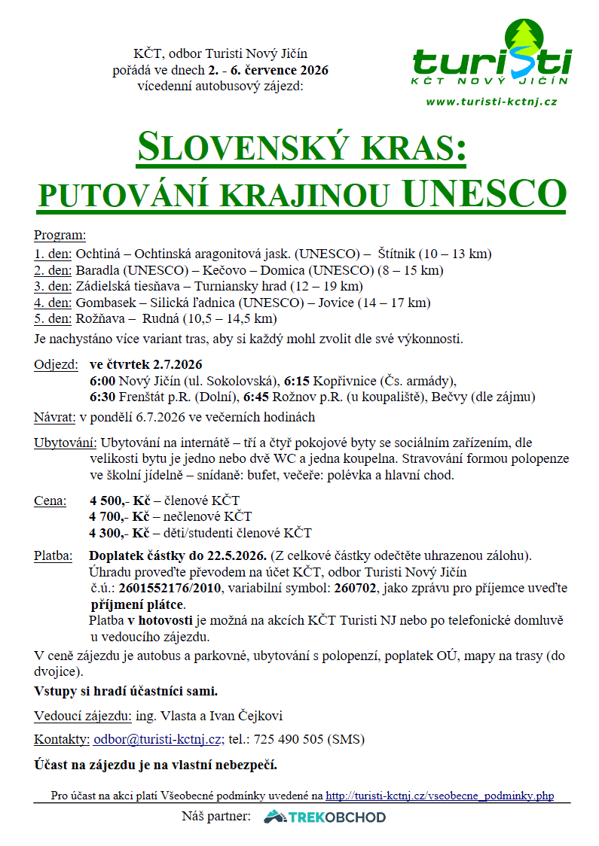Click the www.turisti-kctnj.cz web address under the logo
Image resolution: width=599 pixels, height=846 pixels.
click(491, 101)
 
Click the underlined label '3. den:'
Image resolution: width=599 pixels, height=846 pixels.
click(53, 286)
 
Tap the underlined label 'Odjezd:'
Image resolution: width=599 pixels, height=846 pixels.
click(56, 364)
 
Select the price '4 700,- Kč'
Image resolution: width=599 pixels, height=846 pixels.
click(119, 516)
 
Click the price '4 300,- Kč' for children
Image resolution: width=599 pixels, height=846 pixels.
click(119, 533)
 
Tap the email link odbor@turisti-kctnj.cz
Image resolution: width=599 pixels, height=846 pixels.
click(157, 739)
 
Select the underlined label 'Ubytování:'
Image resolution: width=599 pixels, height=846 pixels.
click(66, 442)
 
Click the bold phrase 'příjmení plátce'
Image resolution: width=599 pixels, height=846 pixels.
click(136, 604)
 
